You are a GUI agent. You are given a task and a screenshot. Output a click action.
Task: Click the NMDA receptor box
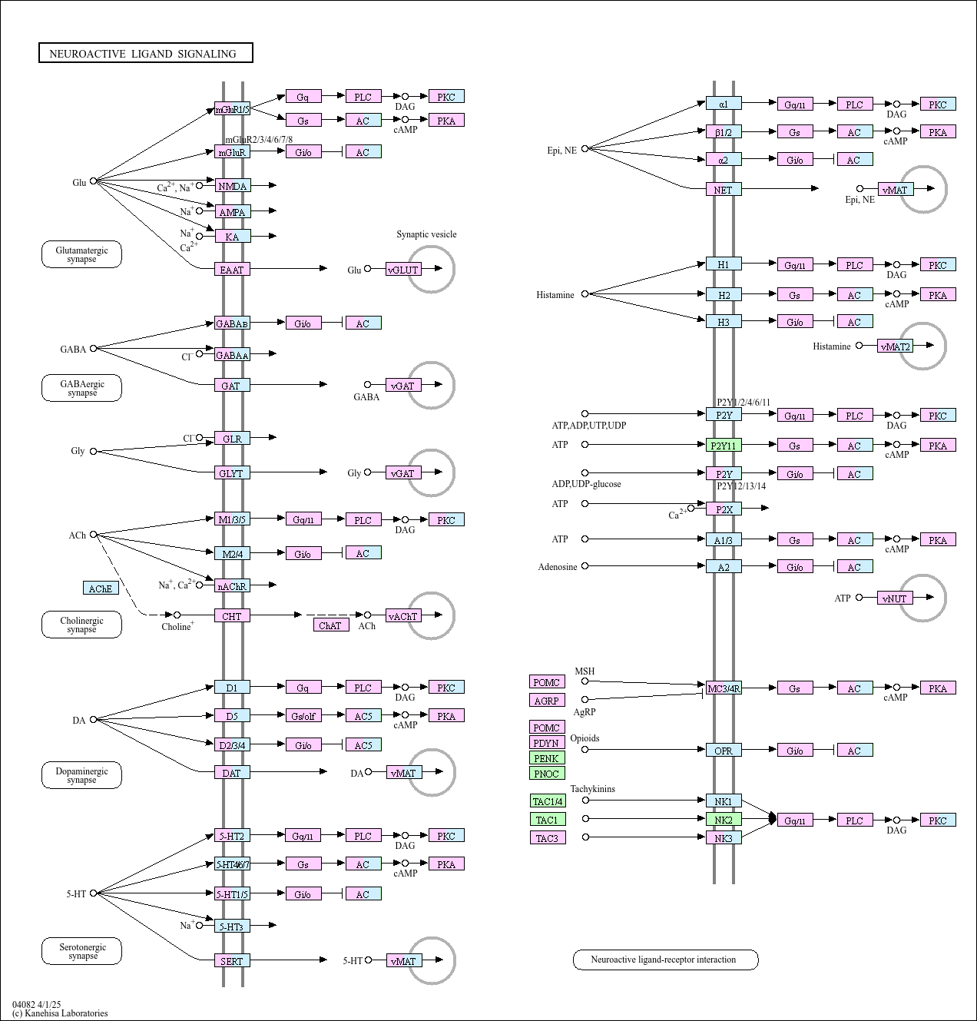(x=232, y=186)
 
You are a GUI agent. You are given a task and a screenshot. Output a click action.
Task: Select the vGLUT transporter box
(x=403, y=270)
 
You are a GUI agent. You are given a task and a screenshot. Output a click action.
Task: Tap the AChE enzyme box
(x=101, y=588)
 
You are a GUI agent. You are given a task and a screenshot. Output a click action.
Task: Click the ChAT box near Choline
(x=330, y=625)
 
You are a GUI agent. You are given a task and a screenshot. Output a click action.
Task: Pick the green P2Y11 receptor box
(x=724, y=446)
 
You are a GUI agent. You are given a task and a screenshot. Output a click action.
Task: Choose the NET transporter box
(x=724, y=190)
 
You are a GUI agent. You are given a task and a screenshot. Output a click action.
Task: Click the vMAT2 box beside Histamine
(x=896, y=346)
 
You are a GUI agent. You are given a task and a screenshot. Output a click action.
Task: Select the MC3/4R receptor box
(x=724, y=688)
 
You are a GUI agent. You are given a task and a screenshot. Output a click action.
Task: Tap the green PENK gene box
(x=547, y=758)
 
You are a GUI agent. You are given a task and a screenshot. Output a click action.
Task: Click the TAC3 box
(x=547, y=838)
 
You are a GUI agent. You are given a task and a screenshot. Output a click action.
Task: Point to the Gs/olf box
(x=303, y=716)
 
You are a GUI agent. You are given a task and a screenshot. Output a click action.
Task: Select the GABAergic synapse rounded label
(x=81, y=388)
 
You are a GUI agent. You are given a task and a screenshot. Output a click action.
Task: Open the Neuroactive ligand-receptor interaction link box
(x=665, y=960)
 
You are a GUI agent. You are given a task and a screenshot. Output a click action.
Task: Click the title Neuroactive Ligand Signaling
(x=145, y=53)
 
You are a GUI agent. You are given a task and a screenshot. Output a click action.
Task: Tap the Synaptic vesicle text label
(x=426, y=234)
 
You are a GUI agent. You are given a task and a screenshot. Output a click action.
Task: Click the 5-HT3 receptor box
(x=232, y=927)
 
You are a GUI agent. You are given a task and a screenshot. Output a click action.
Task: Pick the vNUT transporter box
(x=895, y=598)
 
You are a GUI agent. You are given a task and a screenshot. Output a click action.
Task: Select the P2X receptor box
(x=724, y=509)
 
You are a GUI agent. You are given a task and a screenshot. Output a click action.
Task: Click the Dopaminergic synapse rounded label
(x=81, y=775)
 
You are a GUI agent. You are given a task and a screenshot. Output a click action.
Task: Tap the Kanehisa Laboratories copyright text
(x=61, y=1013)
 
